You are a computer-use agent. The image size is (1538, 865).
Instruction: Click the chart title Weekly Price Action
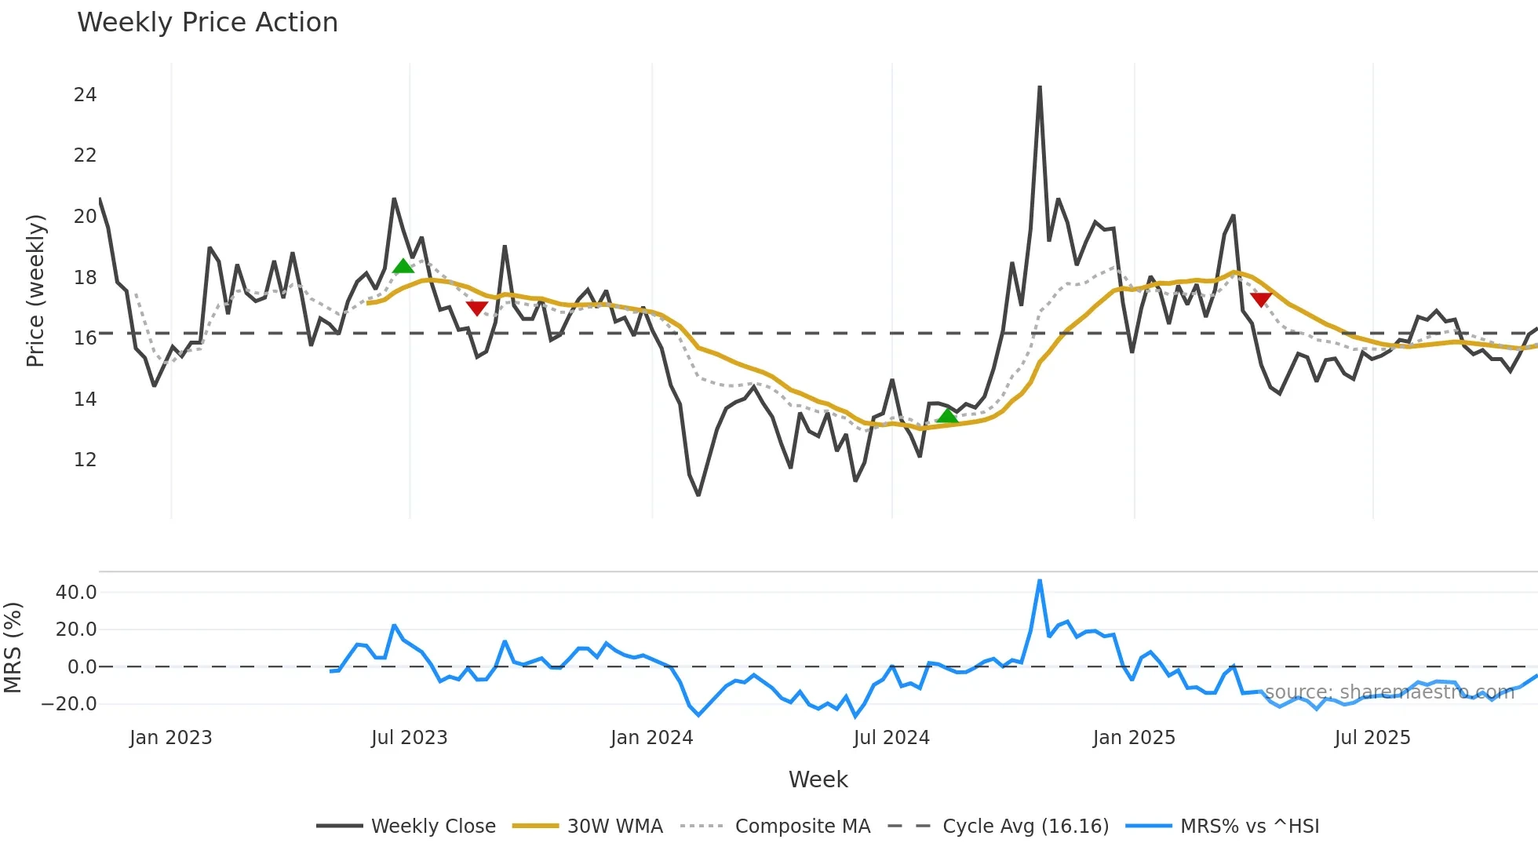207,23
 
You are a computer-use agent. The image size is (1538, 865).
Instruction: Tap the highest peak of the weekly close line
1040,87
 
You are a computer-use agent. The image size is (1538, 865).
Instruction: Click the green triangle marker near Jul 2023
403,266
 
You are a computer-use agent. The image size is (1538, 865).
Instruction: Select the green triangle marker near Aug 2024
947,416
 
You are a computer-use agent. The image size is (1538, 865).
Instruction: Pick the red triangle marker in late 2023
476,308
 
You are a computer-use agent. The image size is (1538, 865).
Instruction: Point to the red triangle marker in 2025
1261,299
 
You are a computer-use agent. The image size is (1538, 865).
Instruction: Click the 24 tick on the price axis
85,95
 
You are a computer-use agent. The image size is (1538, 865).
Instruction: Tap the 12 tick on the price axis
85,460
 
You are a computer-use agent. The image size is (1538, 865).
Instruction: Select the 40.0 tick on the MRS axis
76,593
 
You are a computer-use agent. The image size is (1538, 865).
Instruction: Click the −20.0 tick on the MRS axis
69,704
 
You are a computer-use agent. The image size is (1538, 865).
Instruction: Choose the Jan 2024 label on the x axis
651,738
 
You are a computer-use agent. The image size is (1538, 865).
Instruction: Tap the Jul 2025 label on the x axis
1372,738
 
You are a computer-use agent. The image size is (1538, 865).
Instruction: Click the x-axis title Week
818,779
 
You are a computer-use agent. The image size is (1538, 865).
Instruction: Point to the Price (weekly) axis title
36,290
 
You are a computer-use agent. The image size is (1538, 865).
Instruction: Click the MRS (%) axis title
13,648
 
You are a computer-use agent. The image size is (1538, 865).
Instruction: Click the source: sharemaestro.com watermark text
1389,692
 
